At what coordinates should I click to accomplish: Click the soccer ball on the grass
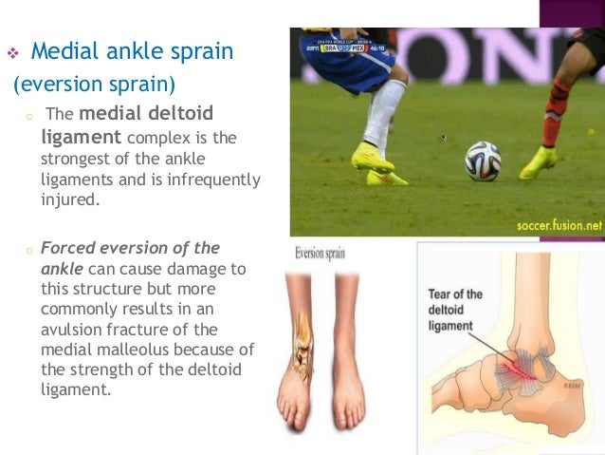[x=483, y=161]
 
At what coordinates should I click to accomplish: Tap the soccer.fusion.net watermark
[x=559, y=226]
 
